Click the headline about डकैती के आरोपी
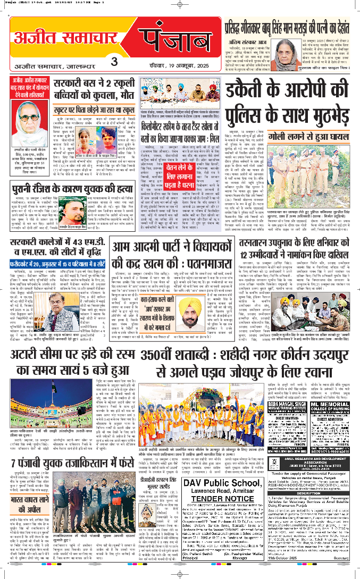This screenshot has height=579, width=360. tap(290, 100)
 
